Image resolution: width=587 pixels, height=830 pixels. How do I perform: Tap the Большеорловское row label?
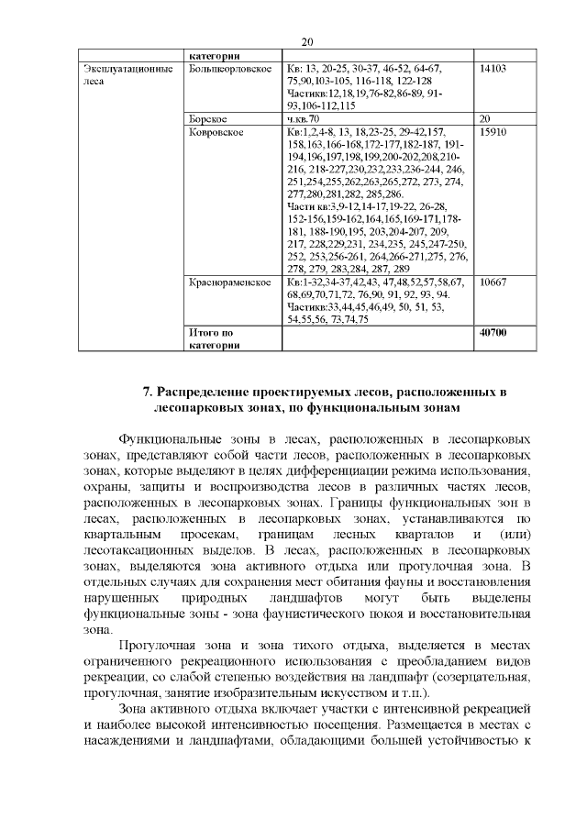[223, 69]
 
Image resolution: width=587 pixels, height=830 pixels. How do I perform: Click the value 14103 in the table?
[493, 69]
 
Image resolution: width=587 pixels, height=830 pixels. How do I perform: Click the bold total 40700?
[493, 332]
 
